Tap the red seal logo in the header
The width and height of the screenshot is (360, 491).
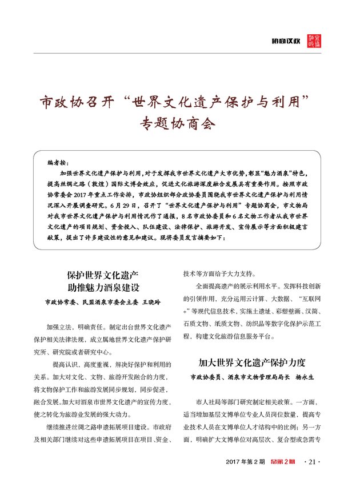[315, 41]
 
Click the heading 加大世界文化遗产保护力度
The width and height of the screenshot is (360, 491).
[252, 362]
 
